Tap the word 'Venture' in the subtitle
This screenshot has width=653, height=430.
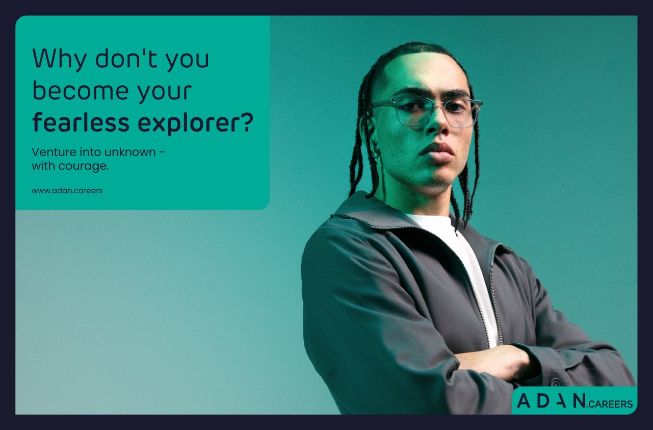tap(53, 152)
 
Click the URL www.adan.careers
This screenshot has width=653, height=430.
tap(67, 190)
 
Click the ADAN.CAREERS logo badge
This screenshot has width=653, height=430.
tap(574, 401)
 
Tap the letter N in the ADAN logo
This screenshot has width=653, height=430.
tap(579, 401)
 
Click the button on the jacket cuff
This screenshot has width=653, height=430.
tap(556, 381)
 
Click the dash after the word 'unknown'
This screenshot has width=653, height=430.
tap(162, 152)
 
